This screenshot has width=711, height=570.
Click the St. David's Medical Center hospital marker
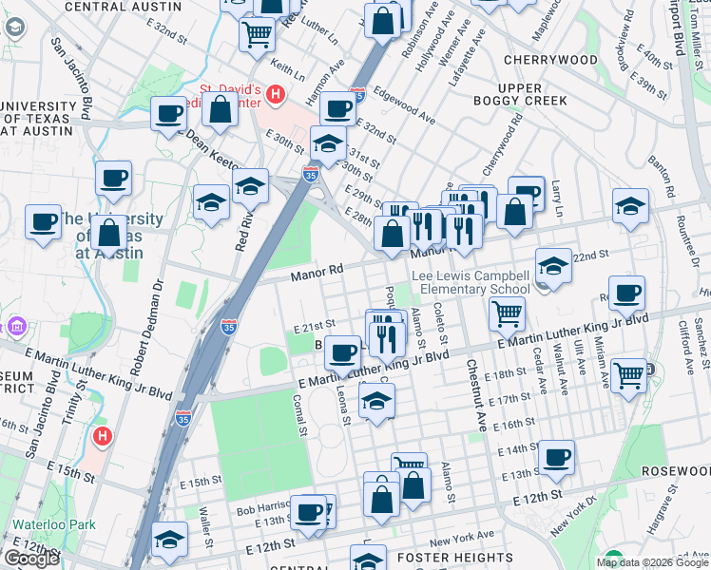click(276, 94)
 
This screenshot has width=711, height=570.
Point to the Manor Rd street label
click(316, 273)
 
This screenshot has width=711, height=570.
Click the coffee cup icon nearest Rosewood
click(556, 458)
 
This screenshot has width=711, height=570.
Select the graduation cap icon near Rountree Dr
click(630, 205)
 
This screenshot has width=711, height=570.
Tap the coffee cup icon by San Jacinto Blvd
click(44, 221)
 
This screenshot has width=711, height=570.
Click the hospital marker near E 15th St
click(104, 438)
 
